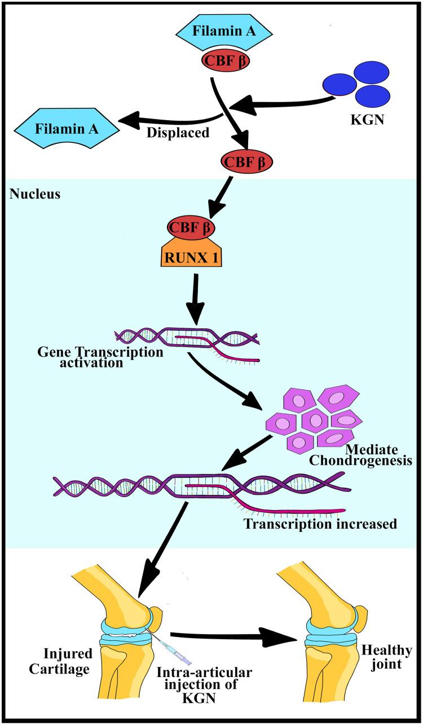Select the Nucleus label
28,194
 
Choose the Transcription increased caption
320,524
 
